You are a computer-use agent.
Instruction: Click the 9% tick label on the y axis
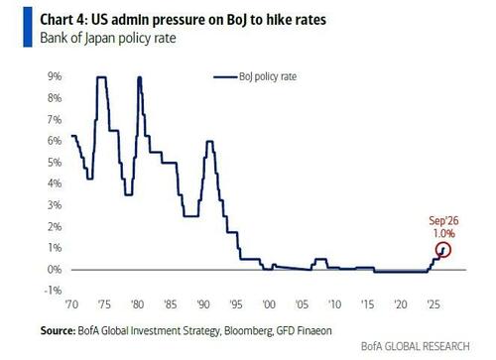(55, 76)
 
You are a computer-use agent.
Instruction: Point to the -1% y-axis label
(53, 291)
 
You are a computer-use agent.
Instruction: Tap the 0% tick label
(55, 270)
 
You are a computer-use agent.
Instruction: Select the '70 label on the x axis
(71, 304)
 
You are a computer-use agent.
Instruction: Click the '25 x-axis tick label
(434, 304)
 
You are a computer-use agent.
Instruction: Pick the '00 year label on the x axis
(269, 304)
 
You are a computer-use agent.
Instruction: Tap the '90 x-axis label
(203, 304)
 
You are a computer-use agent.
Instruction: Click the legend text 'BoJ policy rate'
(268, 76)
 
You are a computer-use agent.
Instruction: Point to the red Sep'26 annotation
(443, 221)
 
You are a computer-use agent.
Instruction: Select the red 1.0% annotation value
(444, 234)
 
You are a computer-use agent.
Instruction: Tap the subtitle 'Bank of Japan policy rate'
(108, 38)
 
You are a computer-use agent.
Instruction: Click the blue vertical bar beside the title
(28, 27)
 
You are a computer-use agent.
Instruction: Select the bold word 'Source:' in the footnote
(58, 330)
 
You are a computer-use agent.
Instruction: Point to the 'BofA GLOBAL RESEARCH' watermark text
(416, 346)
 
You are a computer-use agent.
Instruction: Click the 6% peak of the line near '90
(209, 142)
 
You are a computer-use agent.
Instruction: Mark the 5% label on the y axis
(55, 163)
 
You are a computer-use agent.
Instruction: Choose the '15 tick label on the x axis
(368, 304)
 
